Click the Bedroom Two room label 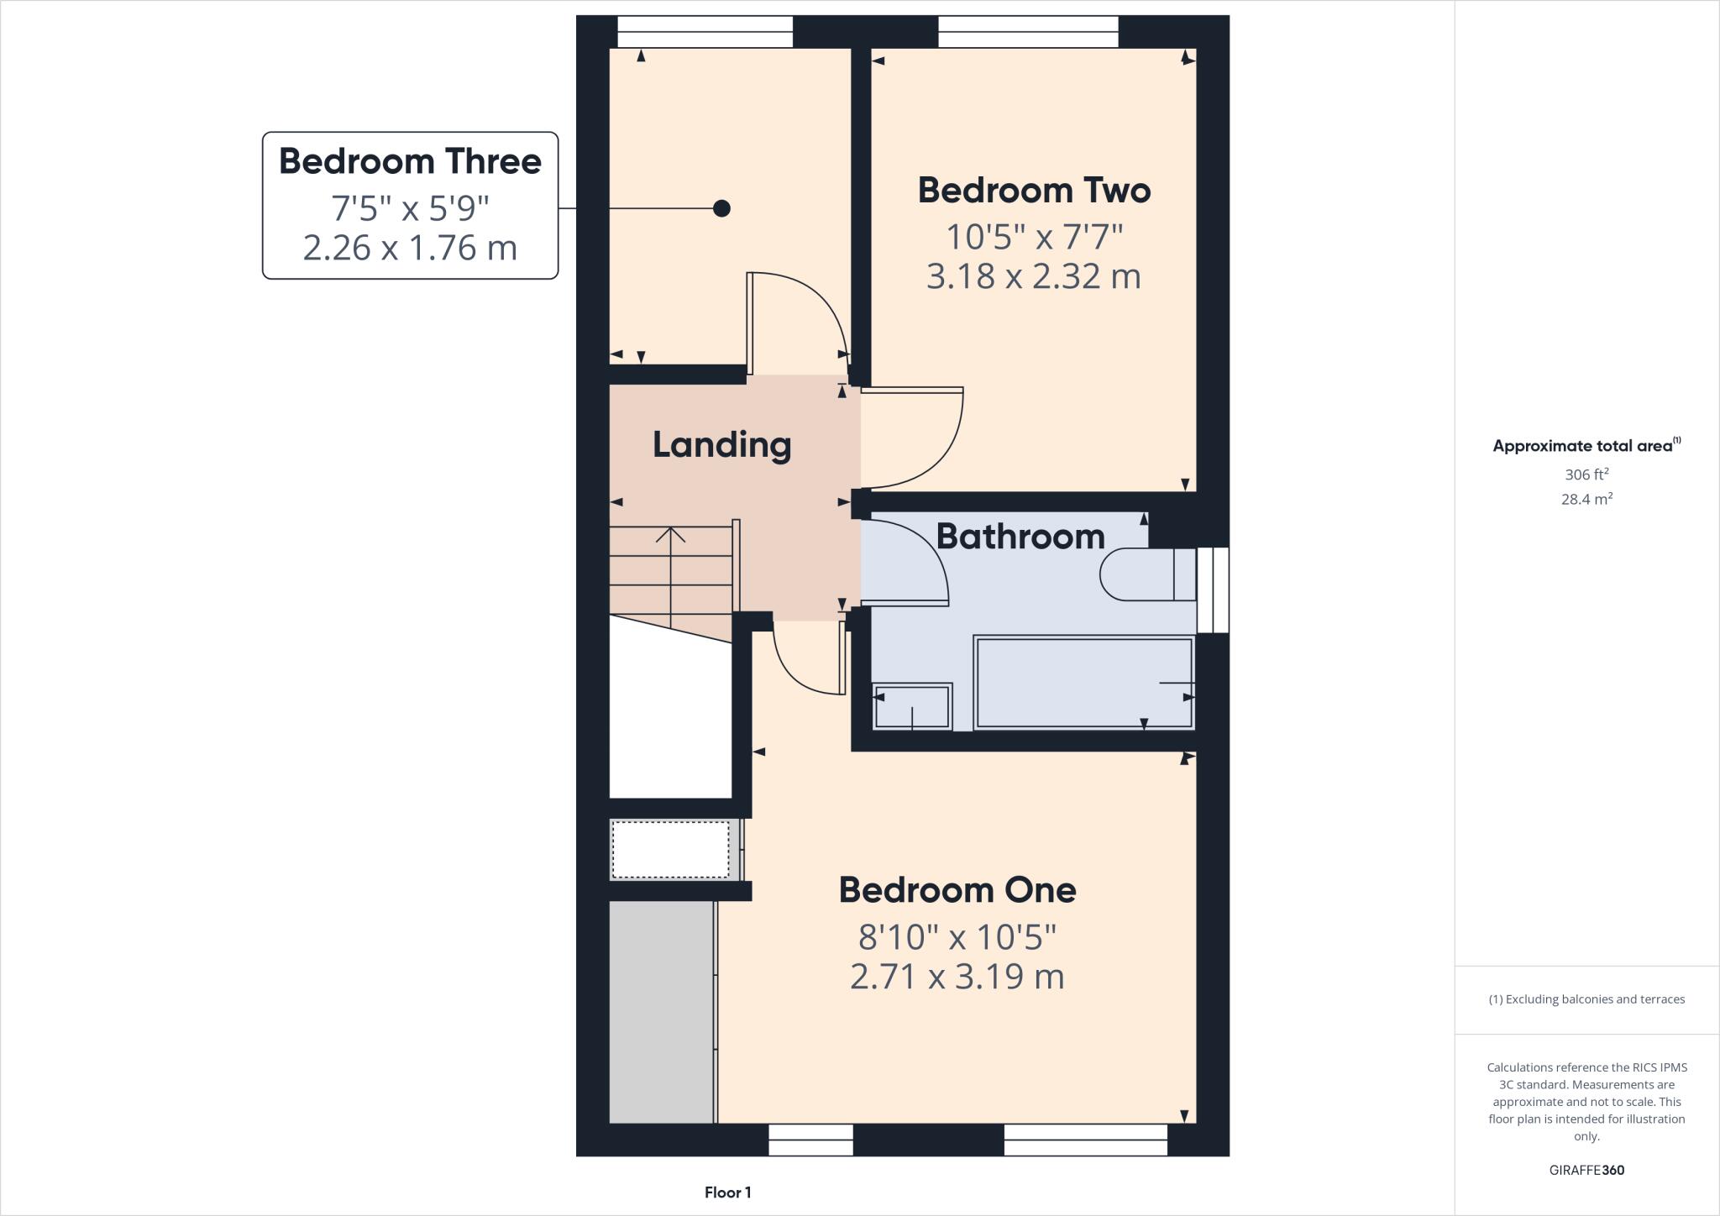click(x=1034, y=191)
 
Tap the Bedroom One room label click(x=957, y=890)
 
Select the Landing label click(x=721, y=445)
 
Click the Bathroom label click(x=1020, y=537)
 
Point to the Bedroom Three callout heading click(x=410, y=161)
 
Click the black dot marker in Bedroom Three click(x=721, y=208)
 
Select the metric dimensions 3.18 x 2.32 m click(x=1034, y=276)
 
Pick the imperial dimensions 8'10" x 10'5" click(x=957, y=936)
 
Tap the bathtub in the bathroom click(x=1083, y=683)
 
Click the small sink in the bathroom click(x=912, y=706)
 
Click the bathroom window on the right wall click(x=1213, y=590)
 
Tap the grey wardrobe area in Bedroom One click(x=661, y=1012)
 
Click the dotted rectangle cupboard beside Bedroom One click(x=670, y=850)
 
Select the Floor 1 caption click(x=727, y=1192)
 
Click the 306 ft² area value click(x=1586, y=474)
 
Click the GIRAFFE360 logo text click(x=1586, y=1170)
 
